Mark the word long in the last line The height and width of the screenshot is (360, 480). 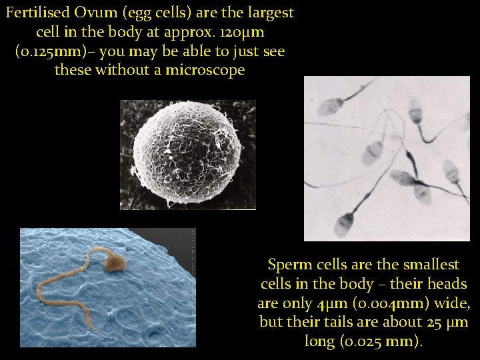point(319,341)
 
